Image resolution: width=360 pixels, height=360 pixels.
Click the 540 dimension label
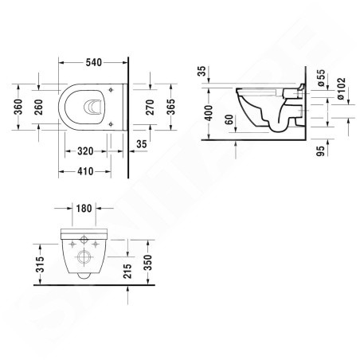click(x=94, y=63)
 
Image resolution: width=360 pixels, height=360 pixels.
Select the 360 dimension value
click(x=18, y=107)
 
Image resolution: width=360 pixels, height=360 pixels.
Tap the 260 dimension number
click(x=39, y=107)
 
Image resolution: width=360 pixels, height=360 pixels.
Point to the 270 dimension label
click(x=151, y=107)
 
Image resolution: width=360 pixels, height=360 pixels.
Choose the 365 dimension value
click(x=171, y=107)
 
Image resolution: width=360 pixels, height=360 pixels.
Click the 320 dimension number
click(x=85, y=151)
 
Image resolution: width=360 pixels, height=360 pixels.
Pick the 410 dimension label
click(x=85, y=171)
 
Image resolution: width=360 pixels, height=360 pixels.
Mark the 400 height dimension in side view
click(x=209, y=113)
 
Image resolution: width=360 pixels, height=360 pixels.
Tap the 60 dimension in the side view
click(x=229, y=119)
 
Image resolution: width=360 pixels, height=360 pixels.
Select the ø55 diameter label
click(x=321, y=78)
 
